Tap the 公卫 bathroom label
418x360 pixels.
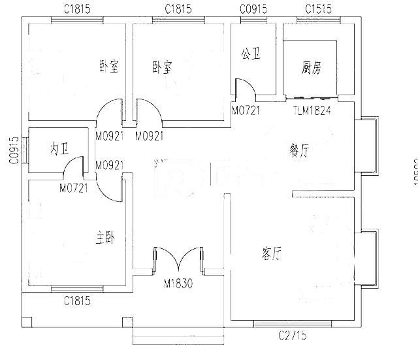point(251,54)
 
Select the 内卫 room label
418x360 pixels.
point(59,149)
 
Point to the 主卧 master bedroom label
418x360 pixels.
point(104,240)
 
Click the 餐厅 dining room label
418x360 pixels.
point(299,151)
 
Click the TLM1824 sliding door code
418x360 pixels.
point(312,110)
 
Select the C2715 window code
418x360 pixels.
point(292,336)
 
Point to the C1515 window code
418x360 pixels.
point(318,8)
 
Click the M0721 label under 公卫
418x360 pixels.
point(246,110)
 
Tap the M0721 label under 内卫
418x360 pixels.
point(74,188)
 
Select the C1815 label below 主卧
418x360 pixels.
point(77,301)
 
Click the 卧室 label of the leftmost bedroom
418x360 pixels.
point(108,67)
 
